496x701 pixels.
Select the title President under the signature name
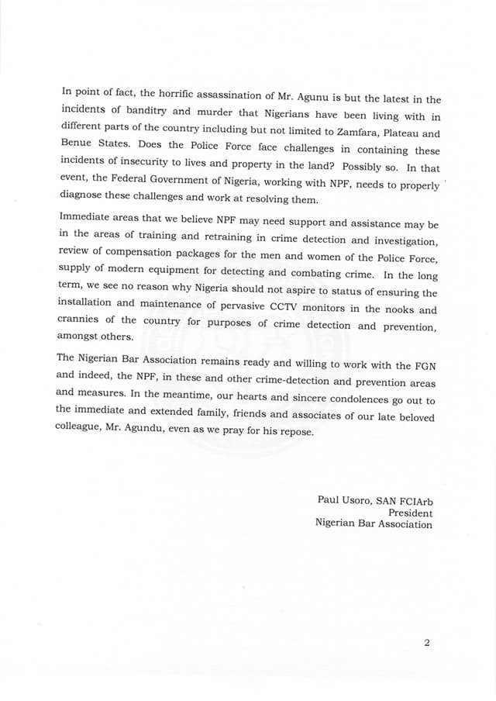(410, 513)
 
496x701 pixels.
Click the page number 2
(426, 643)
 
